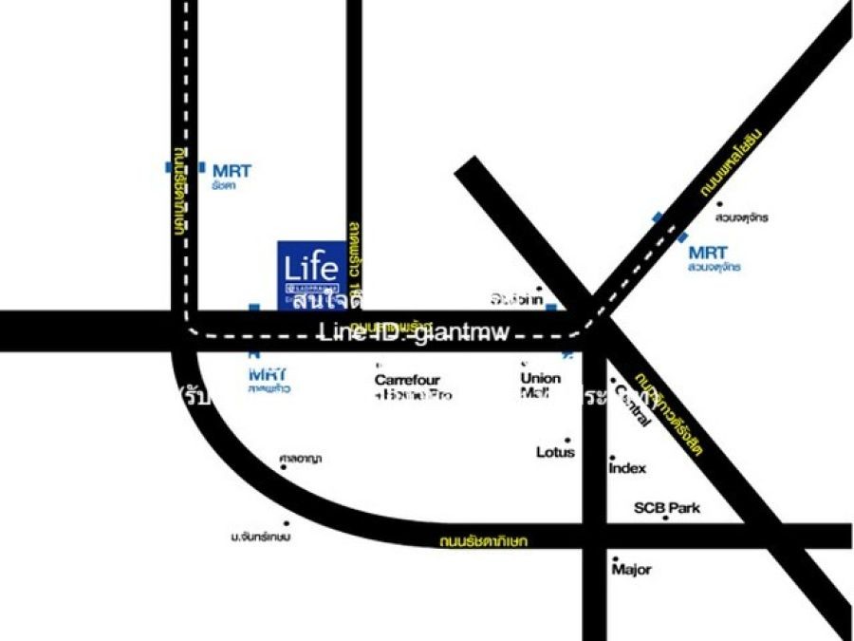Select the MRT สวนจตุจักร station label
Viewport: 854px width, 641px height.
click(x=712, y=258)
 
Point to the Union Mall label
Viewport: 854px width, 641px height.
click(x=540, y=384)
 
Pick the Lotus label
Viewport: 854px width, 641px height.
click(x=555, y=452)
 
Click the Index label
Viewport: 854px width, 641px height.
click(x=627, y=468)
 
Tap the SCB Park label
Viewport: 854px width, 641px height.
click(x=667, y=508)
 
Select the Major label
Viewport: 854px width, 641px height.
click(x=631, y=570)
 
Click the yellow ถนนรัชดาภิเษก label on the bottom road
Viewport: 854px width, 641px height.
click(x=483, y=542)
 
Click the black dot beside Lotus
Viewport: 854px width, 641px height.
click(x=568, y=440)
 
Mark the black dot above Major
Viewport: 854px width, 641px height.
click(x=616, y=558)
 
